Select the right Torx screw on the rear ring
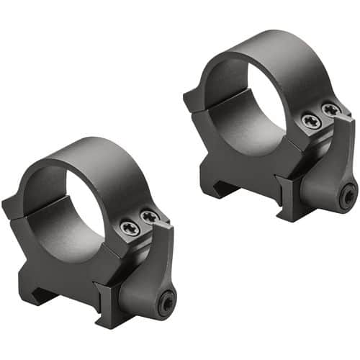pyautogui.click(x=330, y=109)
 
